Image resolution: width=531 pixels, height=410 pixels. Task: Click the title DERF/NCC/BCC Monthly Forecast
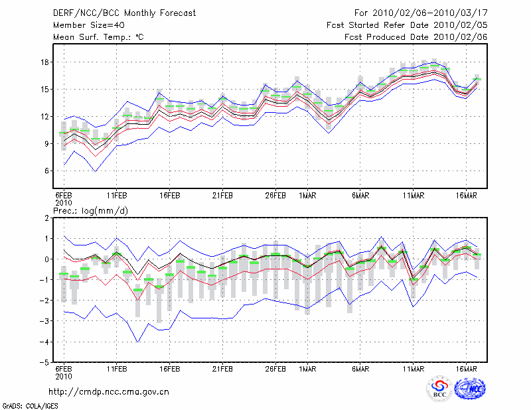pyautogui.click(x=124, y=13)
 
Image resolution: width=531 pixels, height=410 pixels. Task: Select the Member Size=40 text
pyautogui.click(x=89, y=25)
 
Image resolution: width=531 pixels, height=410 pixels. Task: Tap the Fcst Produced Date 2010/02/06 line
pyautogui.click(x=416, y=37)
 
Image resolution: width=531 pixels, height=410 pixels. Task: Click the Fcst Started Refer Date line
pyautogui.click(x=407, y=25)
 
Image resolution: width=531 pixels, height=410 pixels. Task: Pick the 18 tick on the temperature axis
pyautogui.click(x=45, y=62)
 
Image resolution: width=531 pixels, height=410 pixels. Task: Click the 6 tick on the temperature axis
pyautogui.click(x=47, y=171)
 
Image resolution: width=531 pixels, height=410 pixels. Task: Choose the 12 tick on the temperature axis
pyautogui.click(x=45, y=117)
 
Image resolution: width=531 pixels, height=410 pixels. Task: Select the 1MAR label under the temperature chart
pyautogui.click(x=307, y=196)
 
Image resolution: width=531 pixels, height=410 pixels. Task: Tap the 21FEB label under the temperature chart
pyautogui.click(x=222, y=196)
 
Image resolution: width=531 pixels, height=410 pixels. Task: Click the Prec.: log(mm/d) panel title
pyautogui.click(x=91, y=211)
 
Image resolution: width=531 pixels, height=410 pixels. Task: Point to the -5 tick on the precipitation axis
pyautogui.click(x=44, y=363)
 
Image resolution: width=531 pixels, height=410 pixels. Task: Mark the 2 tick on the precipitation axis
pyautogui.click(x=47, y=218)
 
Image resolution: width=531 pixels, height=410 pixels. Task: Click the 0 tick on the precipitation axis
pyautogui.click(x=47, y=259)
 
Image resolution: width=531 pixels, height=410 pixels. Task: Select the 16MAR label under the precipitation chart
pyautogui.click(x=467, y=369)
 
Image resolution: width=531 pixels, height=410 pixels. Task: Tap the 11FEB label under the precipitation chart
pyautogui.click(x=117, y=369)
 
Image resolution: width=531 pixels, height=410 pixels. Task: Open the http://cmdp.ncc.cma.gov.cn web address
pyautogui.click(x=109, y=392)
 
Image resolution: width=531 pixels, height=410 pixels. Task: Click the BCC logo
pyautogui.click(x=439, y=389)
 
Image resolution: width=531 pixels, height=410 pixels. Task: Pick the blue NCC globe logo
pyautogui.click(x=470, y=389)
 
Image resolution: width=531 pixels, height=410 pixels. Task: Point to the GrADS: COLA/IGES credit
pyautogui.click(x=31, y=406)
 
